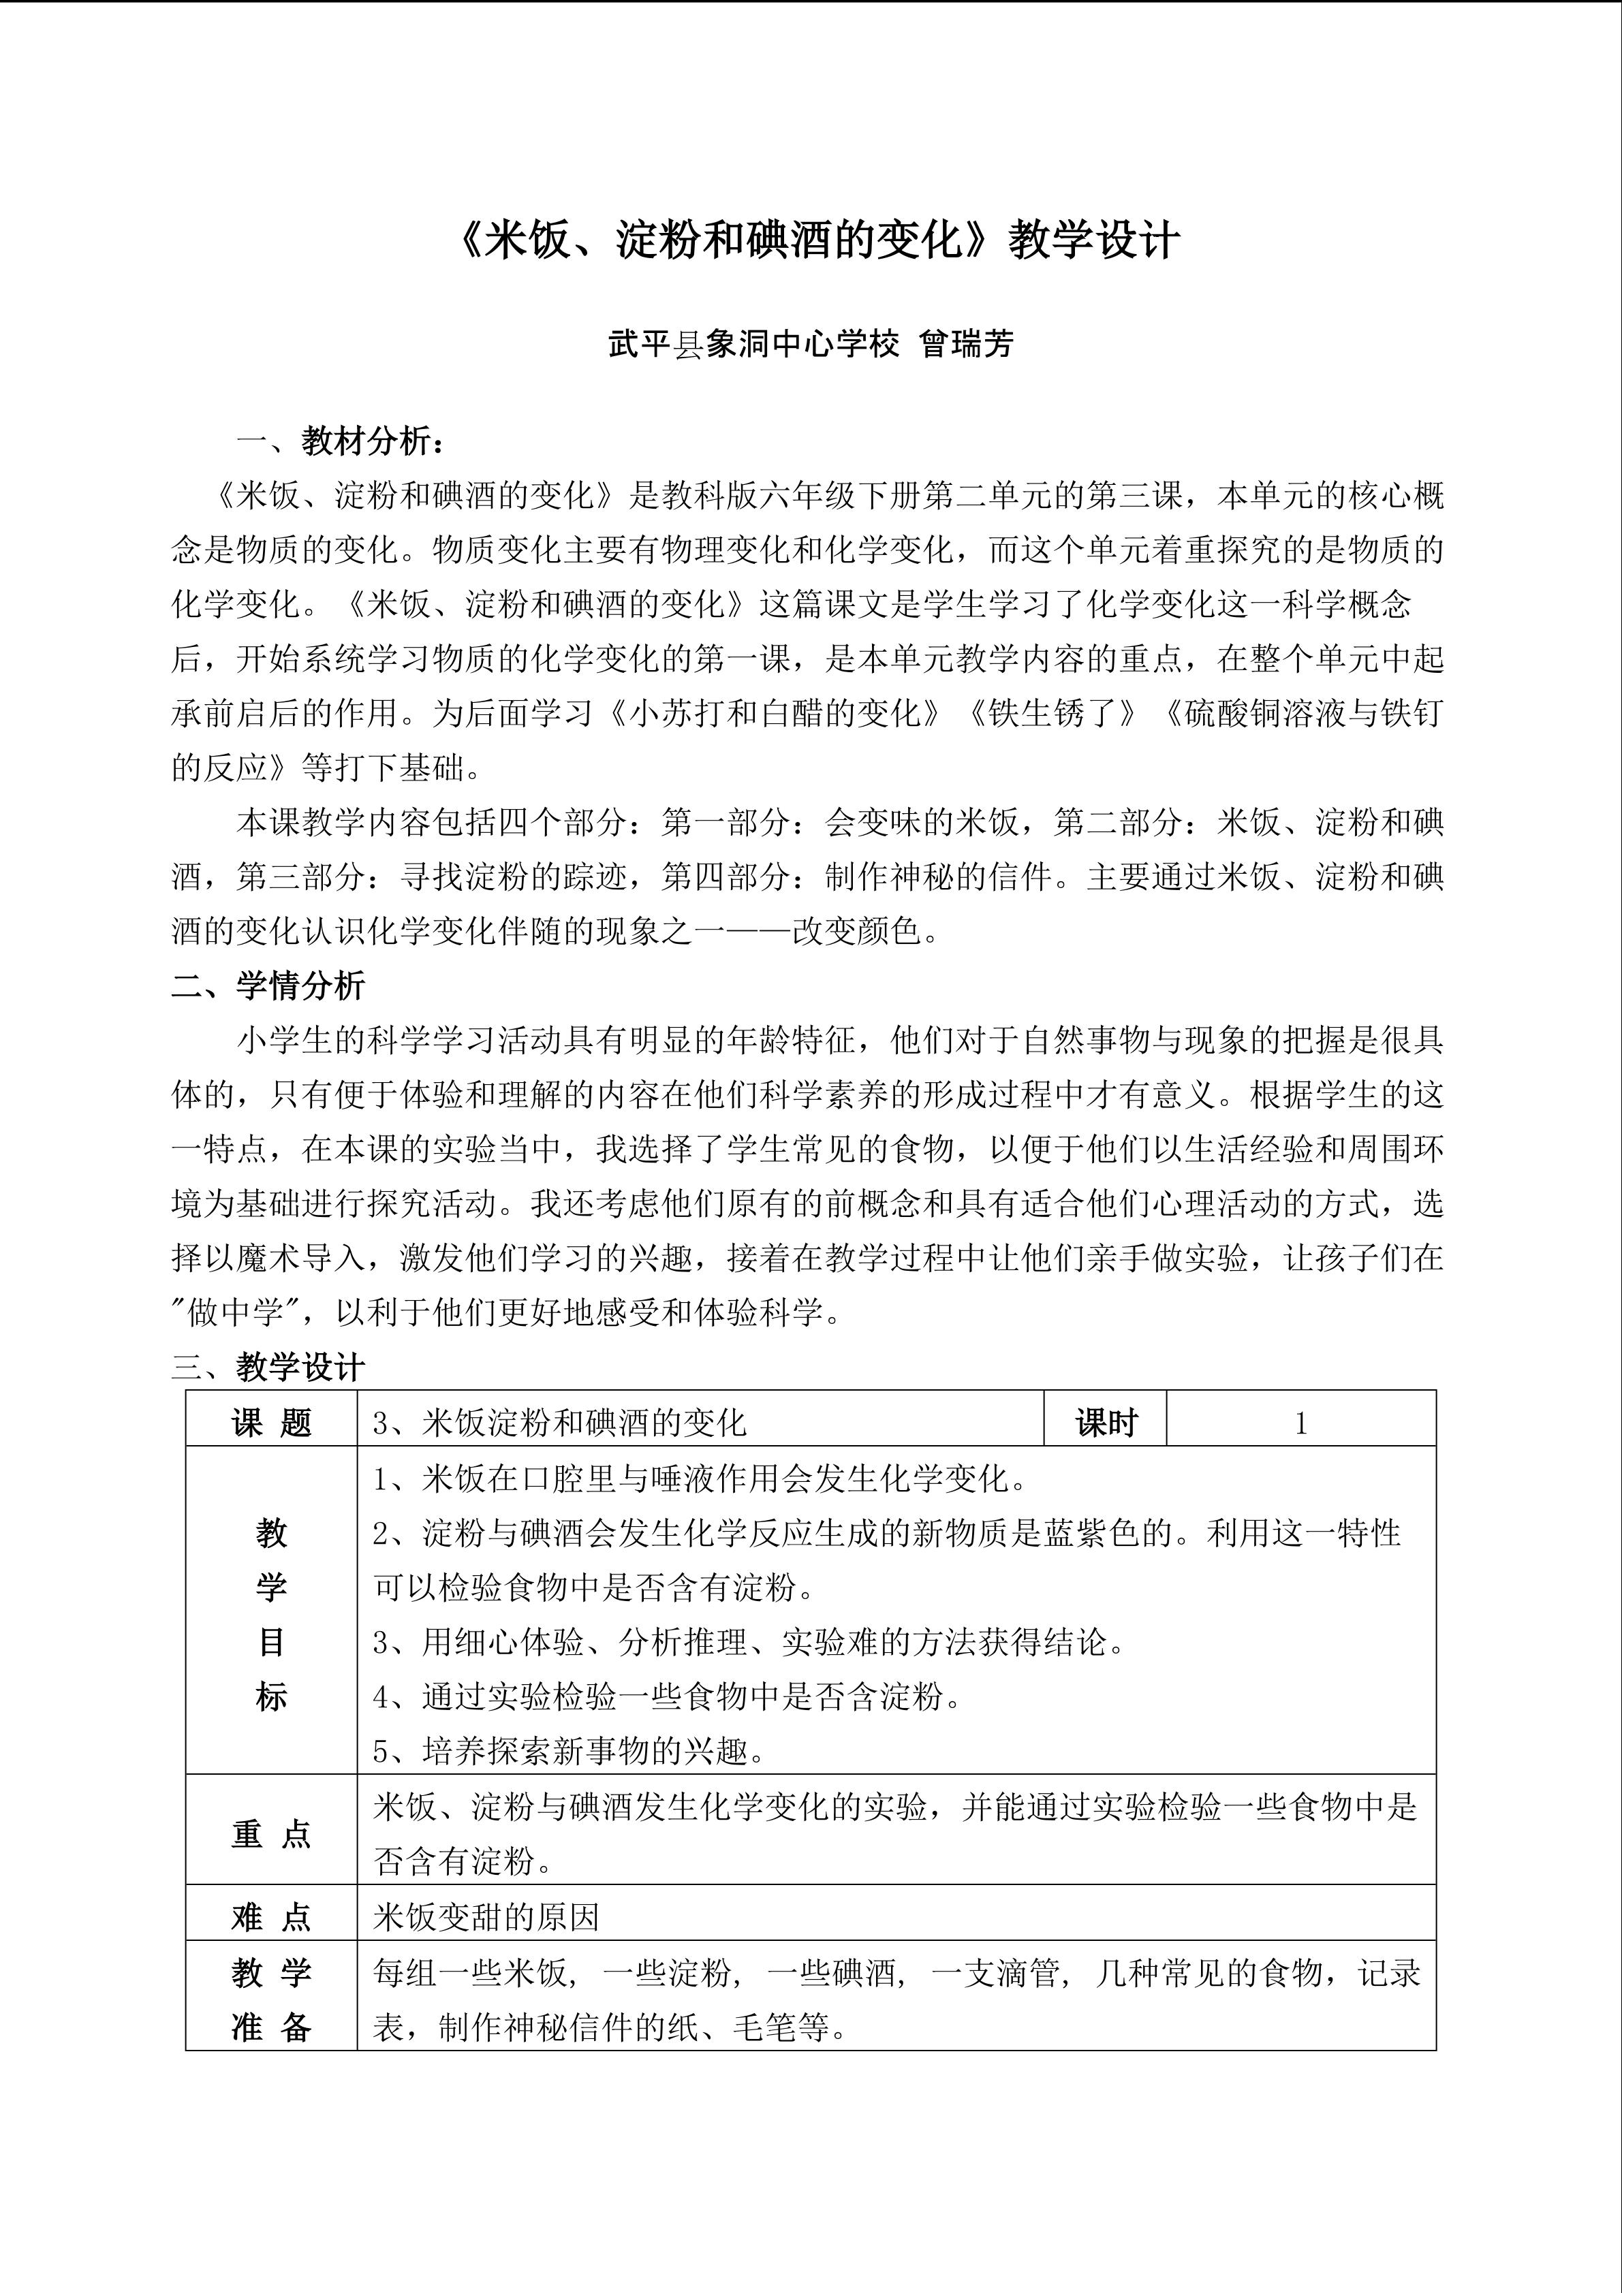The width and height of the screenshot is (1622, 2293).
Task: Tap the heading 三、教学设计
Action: click(x=268, y=1367)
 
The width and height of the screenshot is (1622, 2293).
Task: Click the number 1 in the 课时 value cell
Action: click(x=1300, y=1423)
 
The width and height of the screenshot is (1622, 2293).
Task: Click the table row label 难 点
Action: click(x=272, y=1918)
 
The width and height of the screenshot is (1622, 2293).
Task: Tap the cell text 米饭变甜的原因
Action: click(x=486, y=1918)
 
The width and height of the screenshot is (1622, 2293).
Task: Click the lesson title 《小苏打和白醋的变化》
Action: click(x=775, y=713)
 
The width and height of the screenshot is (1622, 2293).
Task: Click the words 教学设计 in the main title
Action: click(x=1093, y=240)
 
